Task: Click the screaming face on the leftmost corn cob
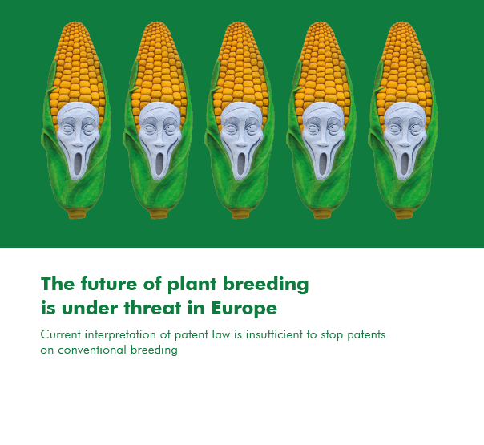tap(78, 140)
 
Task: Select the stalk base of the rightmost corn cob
tap(403, 214)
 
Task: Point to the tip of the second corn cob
tap(157, 22)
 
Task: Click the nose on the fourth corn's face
tap(323, 143)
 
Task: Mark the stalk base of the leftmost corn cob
tap(77, 214)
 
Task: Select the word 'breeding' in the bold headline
tap(265, 284)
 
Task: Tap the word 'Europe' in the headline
tap(244, 308)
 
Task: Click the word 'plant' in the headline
tap(192, 284)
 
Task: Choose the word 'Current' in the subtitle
tap(61, 334)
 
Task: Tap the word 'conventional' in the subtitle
tap(92, 350)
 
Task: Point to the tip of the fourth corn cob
tap(321, 22)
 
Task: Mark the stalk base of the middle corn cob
tap(240, 214)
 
